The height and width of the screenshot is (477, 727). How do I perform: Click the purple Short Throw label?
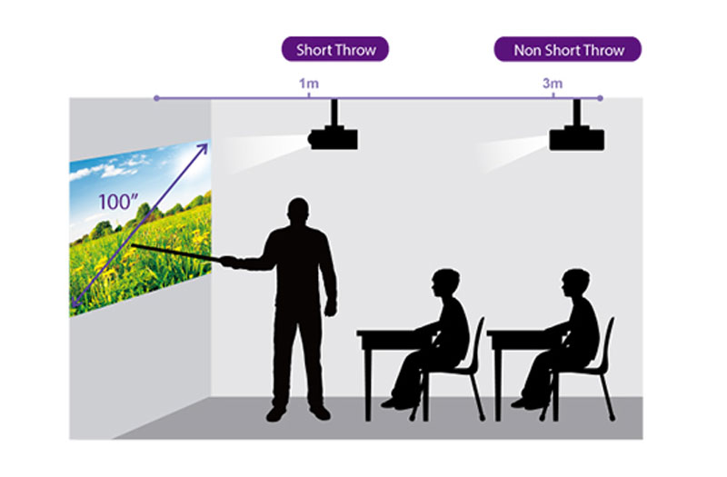(335, 49)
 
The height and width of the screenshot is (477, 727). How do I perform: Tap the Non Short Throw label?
(568, 49)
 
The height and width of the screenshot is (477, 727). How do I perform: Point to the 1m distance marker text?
(308, 84)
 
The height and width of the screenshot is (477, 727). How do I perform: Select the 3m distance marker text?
(553, 84)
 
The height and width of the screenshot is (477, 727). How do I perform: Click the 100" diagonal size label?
(118, 202)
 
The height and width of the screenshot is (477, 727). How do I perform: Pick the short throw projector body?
(333, 137)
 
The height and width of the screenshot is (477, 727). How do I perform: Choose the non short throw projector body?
(577, 138)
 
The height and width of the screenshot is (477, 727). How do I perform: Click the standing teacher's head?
(298, 213)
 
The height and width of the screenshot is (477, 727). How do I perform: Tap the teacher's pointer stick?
(176, 253)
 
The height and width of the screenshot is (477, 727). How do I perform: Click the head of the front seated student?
(445, 284)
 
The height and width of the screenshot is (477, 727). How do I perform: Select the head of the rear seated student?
(575, 284)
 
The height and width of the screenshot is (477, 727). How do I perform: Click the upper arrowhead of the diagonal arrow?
(203, 149)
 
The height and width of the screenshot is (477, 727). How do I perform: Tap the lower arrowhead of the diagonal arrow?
(75, 302)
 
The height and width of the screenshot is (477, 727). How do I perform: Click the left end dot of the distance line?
(156, 98)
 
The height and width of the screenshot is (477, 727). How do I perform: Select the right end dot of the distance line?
(600, 98)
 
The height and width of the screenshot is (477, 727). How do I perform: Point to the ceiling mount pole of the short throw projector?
(334, 112)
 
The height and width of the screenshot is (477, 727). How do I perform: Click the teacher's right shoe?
(320, 412)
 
